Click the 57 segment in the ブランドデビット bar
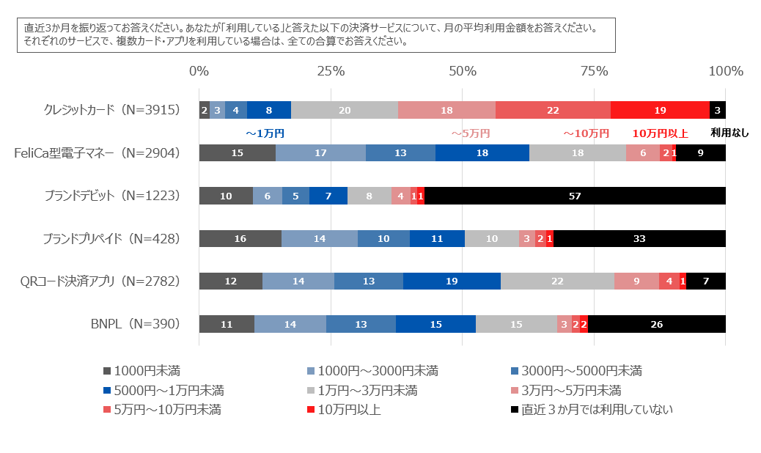tap(576, 196)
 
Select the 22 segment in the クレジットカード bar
tap(553, 110)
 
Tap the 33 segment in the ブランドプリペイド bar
tap(639, 238)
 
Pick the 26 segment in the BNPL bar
tap(656, 324)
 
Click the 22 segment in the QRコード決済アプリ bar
tap(557, 281)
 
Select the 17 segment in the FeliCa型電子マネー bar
tap(320, 152)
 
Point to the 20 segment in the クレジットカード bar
tap(345, 110)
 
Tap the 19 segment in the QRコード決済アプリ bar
tap(452, 281)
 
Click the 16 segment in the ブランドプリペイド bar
tap(240, 238)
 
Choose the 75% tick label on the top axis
tap(595, 71)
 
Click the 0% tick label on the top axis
tap(199, 71)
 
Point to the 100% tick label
tap(726, 71)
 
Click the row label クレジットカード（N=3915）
tap(111, 110)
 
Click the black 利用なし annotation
tap(730, 133)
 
